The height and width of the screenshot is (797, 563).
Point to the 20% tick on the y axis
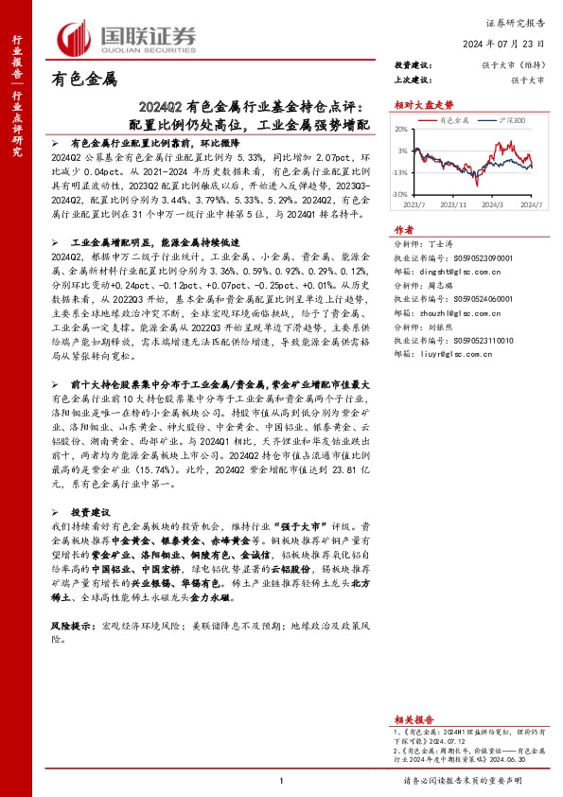pos(401,129)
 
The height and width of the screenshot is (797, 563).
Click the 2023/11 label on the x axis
pos(455,204)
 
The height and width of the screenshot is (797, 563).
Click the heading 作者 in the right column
pos(403,230)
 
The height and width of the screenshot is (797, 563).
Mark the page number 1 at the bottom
pos(281,780)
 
